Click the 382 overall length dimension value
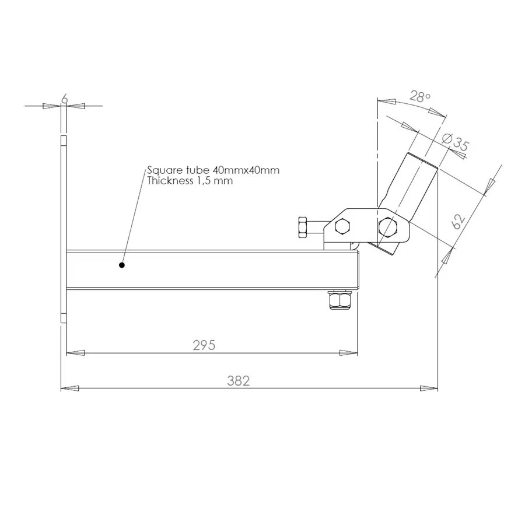(x=238, y=381)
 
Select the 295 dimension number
(x=204, y=345)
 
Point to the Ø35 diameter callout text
(x=455, y=142)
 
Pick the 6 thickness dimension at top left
(x=64, y=100)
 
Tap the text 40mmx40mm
(x=246, y=170)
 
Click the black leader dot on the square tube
(x=122, y=265)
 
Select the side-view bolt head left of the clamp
(x=303, y=226)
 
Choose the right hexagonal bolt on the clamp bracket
(x=386, y=226)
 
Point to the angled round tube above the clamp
(x=415, y=181)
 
